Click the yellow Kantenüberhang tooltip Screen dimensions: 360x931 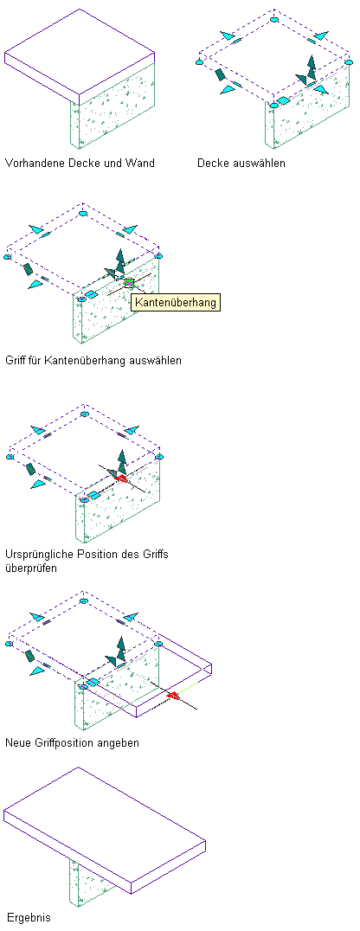(x=175, y=302)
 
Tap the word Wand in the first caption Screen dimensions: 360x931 (x=141, y=163)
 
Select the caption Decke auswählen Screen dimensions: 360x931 (x=241, y=163)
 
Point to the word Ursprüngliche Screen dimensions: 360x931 (x=38, y=555)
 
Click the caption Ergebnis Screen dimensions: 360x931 (x=29, y=917)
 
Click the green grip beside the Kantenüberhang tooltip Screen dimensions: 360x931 (x=129, y=283)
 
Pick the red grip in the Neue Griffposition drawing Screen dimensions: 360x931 (x=173, y=696)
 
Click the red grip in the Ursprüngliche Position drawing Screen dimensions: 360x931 (x=122, y=478)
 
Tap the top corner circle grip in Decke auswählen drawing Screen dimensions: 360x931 (x=273, y=20)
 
